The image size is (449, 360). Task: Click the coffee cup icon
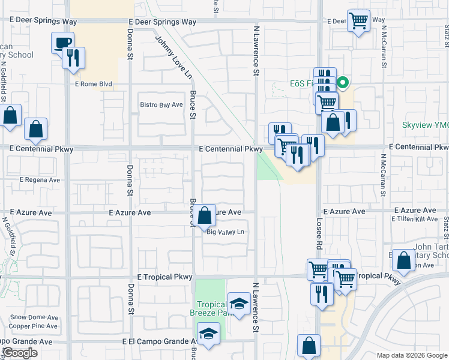(63, 43)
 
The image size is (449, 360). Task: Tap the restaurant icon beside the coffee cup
(73, 58)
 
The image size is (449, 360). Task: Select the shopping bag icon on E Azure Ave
(205, 215)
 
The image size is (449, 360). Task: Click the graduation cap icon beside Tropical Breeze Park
(239, 304)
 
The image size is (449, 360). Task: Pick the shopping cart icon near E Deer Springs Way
(358, 21)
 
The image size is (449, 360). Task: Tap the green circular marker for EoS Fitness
(343, 83)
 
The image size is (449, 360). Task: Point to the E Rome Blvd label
(92, 85)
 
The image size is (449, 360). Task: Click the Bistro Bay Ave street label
(161, 105)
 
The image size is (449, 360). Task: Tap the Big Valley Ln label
(226, 232)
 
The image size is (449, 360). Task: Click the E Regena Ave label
(40, 179)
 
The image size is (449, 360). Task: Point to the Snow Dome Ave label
(34, 317)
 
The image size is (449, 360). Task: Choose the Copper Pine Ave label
(34, 326)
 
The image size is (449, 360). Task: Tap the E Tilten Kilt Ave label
(415, 219)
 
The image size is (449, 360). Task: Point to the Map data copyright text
(412, 355)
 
